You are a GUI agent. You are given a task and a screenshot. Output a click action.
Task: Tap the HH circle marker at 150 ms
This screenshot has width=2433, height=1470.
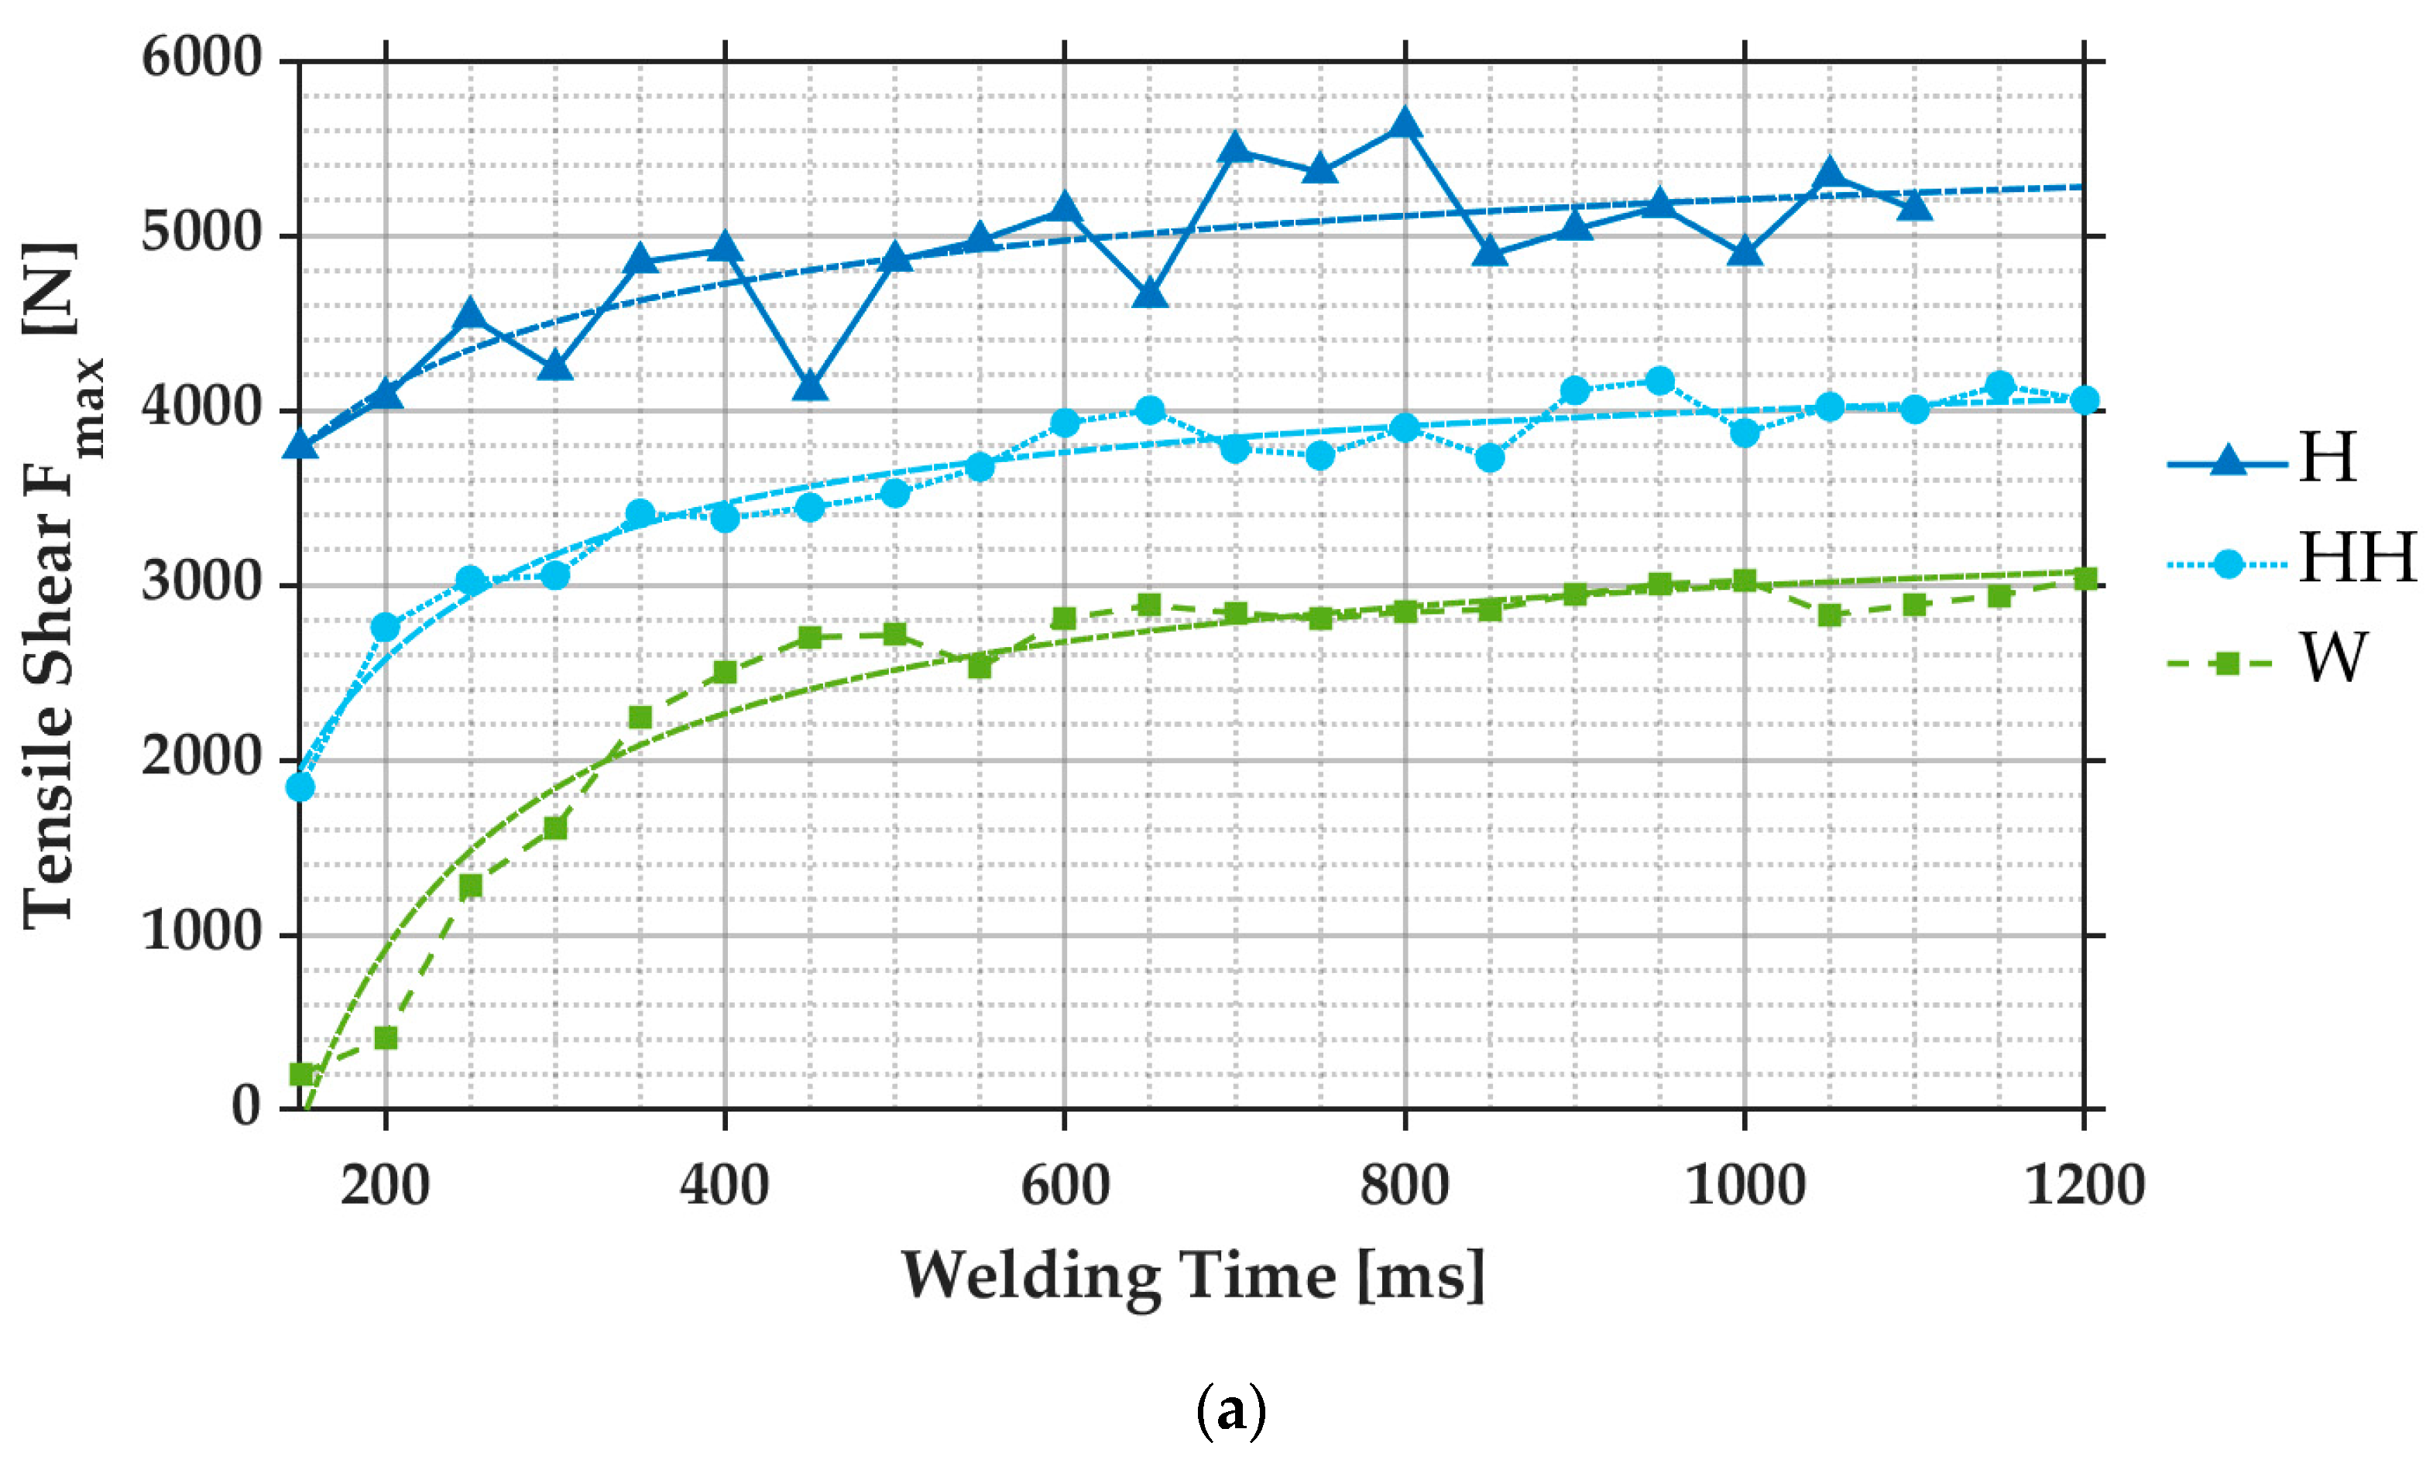point(300,786)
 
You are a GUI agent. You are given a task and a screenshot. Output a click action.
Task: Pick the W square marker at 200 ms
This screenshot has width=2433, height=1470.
point(385,1037)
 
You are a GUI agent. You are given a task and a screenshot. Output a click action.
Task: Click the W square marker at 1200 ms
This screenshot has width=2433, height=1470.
point(2084,578)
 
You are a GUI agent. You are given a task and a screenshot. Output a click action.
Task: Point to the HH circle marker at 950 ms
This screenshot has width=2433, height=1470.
point(1660,381)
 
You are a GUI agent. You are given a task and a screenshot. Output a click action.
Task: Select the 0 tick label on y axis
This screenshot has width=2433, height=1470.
point(246,1108)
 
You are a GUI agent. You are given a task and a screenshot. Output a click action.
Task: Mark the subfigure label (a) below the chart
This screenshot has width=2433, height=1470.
point(1230,1413)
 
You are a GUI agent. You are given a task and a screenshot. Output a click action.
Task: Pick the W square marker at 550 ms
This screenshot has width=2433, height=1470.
point(980,666)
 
